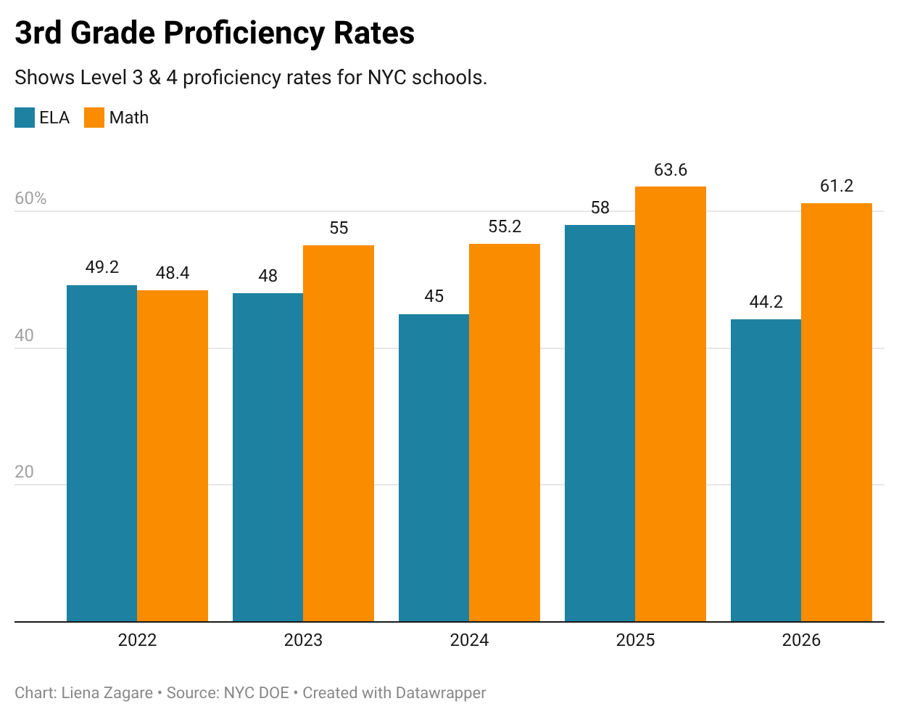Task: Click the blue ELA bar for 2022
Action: click(x=102, y=453)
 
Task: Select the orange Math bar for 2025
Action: click(x=671, y=404)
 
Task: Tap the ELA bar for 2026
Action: click(x=766, y=470)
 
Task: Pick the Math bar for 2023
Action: click(x=339, y=433)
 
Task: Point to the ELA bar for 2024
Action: click(x=434, y=467)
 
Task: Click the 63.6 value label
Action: click(x=671, y=170)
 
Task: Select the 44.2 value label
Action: click(x=766, y=302)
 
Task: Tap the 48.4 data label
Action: click(x=173, y=273)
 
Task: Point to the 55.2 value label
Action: click(x=505, y=226)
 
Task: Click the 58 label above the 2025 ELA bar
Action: click(x=600, y=208)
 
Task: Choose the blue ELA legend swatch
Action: click(x=25, y=118)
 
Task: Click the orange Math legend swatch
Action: click(x=94, y=118)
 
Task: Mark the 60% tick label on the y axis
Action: click(x=30, y=198)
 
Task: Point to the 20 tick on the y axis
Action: click(x=24, y=472)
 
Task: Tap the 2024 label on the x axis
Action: click(x=469, y=640)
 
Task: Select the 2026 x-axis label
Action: click(x=801, y=640)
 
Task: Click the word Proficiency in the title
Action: click(x=244, y=33)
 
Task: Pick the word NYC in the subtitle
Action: click(x=387, y=78)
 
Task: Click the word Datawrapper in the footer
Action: click(x=441, y=693)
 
